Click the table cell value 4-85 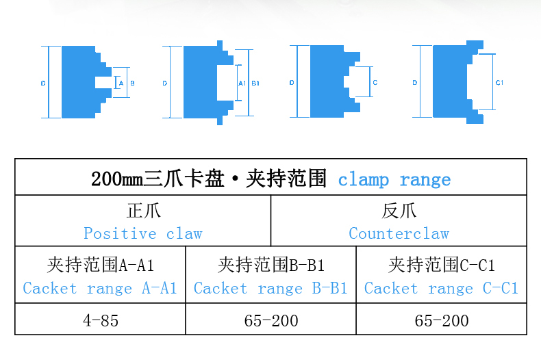(x=100, y=320)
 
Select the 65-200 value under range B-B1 (x=271, y=320)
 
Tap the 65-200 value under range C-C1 (x=442, y=320)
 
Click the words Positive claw (x=143, y=233)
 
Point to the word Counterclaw (x=399, y=233)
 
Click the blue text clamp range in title (x=394, y=180)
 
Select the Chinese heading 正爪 (x=143, y=211)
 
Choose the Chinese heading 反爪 (x=399, y=211)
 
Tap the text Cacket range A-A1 (x=100, y=288)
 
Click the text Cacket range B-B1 (x=271, y=288)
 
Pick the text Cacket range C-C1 (x=442, y=288)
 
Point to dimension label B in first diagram (x=132, y=83)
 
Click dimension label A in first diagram (x=121, y=83)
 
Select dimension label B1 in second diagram (x=255, y=83)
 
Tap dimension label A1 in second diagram (x=242, y=83)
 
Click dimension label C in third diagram (x=375, y=83)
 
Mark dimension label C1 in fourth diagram (x=499, y=83)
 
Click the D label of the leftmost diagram (x=43, y=83)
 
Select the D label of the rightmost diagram (x=415, y=83)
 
